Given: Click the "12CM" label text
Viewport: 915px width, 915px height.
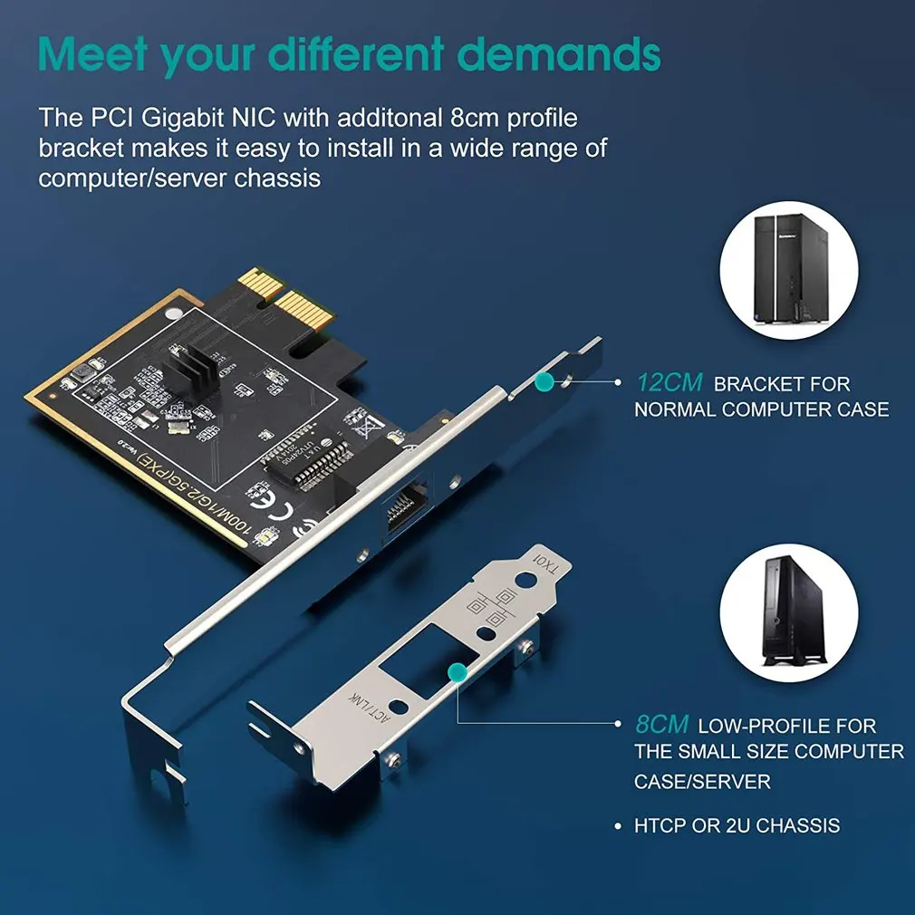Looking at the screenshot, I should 669,383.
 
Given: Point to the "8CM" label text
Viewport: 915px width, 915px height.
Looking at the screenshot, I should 662,725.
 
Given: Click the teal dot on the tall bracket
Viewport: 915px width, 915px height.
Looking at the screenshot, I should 544,382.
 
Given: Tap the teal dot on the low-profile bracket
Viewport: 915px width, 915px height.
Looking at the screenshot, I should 457,671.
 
